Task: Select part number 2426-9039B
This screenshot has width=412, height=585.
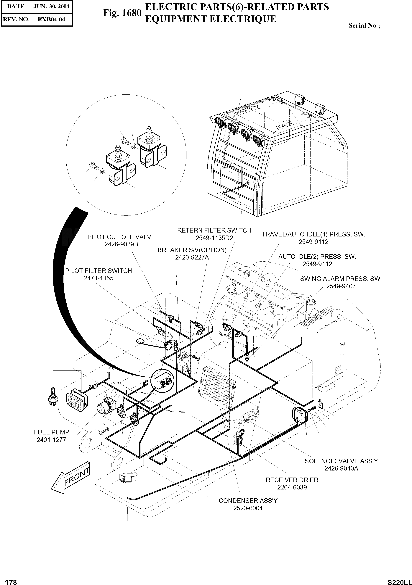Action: click(121, 244)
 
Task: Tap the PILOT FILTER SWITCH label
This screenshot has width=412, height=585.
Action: click(99, 271)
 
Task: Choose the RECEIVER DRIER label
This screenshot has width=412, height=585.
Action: click(292, 480)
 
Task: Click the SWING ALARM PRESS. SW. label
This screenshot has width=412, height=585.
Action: click(341, 279)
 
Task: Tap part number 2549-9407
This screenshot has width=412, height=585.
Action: click(341, 286)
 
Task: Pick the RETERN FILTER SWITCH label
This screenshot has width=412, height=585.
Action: click(214, 230)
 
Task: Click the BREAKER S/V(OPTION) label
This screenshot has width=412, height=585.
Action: click(192, 250)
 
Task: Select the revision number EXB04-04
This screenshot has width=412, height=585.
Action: click(51, 19)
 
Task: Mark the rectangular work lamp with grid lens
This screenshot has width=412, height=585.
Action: click(77, 400)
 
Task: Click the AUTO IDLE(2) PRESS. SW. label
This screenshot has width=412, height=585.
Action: click(317, 257)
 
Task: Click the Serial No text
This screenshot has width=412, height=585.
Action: click(364, 25)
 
